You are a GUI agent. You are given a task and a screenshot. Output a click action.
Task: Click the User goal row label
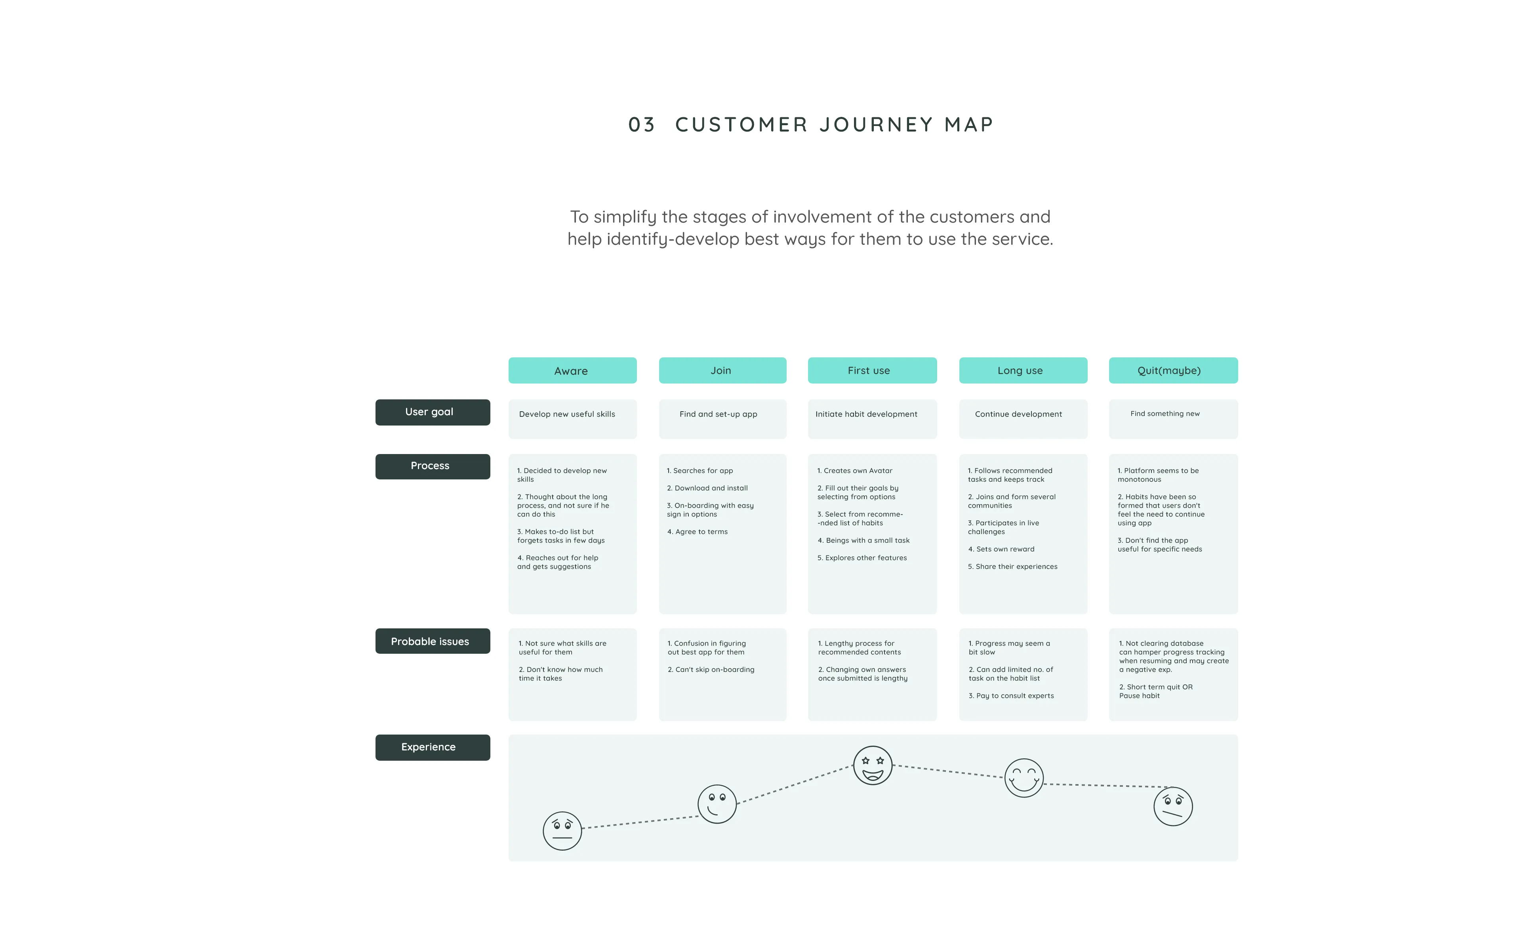(433, 412)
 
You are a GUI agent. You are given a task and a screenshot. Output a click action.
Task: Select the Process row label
(433, 466)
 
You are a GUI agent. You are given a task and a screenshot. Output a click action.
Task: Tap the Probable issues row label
(433, 641)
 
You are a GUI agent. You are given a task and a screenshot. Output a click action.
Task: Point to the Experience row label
(433, 747)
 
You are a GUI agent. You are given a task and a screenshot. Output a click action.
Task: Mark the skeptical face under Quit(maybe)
(1173, 806)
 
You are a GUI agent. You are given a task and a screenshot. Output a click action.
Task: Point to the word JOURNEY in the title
(877, 125)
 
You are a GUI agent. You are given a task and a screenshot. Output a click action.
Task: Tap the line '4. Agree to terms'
(697, 532)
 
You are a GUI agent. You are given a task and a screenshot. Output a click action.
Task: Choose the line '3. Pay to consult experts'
(1011, 696)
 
